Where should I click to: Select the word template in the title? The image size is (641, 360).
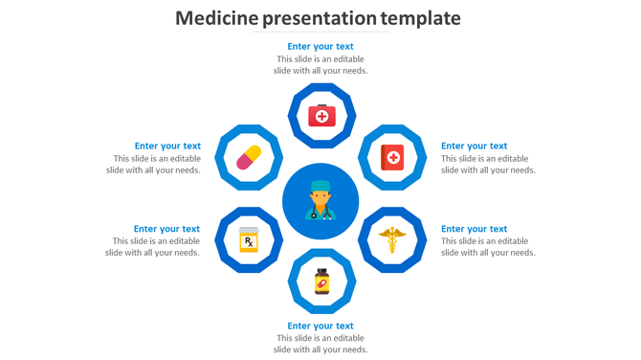pos(420,18)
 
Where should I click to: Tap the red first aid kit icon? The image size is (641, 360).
pos(321,116)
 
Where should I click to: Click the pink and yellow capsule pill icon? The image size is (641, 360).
pos(249,157)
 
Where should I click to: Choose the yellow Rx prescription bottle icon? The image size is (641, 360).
pos(249,239)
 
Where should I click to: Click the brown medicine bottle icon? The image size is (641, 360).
pos(321,281)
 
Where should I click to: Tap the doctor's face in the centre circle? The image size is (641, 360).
pos(320,198)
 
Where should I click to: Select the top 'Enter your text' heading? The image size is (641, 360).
pos(320,46)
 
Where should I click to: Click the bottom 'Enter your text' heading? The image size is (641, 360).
pos(320,326)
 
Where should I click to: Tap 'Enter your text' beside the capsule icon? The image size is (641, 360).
pos(167,146)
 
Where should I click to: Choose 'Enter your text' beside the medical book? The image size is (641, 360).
pos(474,146)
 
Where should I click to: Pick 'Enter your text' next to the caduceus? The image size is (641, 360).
pos(474,229)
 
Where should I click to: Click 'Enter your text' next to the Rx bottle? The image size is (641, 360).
pos(166,229)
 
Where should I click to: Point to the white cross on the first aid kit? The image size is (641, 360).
pos(321,118)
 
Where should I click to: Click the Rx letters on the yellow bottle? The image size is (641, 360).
pos(249,242)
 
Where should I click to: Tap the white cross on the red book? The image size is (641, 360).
pos(393,156)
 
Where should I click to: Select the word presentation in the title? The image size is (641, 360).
pos(309,18)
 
